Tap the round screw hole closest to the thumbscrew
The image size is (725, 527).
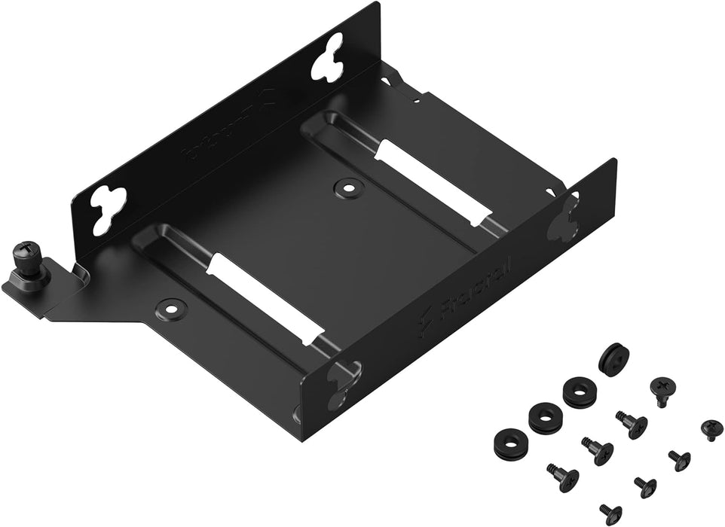point(173,306)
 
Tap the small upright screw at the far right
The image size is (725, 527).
point(711,429)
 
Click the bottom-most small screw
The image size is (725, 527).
point(610,513)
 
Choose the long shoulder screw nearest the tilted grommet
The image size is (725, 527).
point(632,425)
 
